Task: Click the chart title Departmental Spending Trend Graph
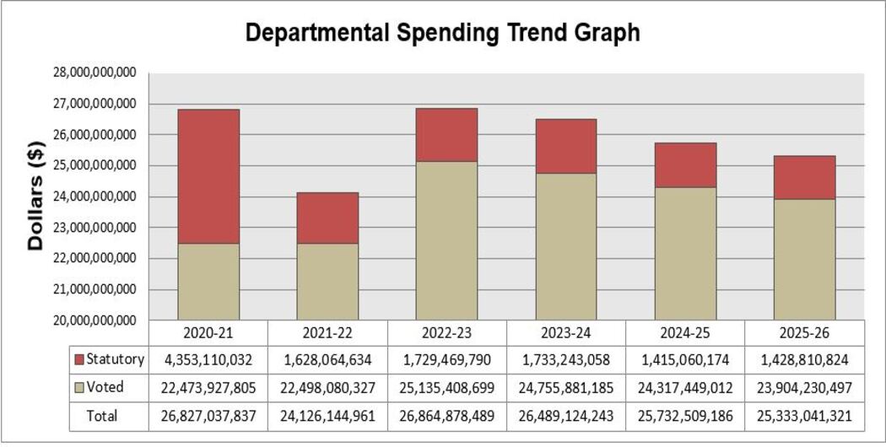(442, 33)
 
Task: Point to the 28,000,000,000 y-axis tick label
(88, 73)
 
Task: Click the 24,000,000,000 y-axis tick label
(88, 197)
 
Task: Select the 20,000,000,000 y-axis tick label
(88, 320)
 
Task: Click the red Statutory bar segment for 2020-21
(208, 176)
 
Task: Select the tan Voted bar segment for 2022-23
(446, 240)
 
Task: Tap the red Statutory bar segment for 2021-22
(327, 218)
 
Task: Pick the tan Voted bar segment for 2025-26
(804, 259)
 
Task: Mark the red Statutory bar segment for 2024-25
(685, 164)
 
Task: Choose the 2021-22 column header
(327, 332)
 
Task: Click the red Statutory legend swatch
(78, 360)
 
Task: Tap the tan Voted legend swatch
(78, 388)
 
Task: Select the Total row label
(102, 416)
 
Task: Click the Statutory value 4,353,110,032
(208, 360)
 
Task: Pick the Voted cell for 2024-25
(685, 388)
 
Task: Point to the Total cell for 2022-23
(446, 416)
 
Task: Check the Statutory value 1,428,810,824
(804, 360)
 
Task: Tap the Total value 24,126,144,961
(327, 416)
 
